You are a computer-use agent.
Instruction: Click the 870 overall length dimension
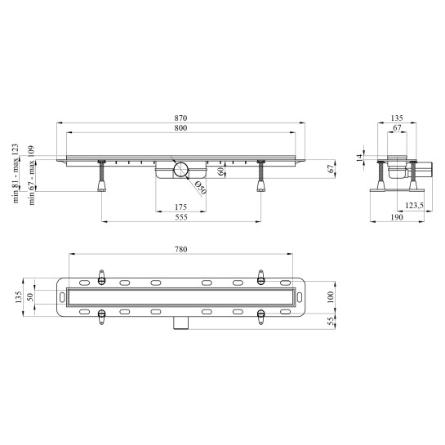pyautogui.click(x=180, y=118)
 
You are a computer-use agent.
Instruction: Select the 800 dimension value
pyautogui.click(x=180, y=128)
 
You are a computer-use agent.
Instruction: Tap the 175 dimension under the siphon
pyautogui.click(x=180, y=207)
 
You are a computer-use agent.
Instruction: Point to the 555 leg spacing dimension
pyautogui.click(x=181, y=217)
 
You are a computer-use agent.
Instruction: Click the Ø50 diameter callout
pyautogui.click(x=200, y=188)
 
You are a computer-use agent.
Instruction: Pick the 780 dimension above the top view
pyautogui.click(x=180, y=250)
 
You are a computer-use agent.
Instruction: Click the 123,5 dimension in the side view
pyautogui.click(x=414, y=206)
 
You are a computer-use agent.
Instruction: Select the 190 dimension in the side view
pyautogui.click(x=397, y=217)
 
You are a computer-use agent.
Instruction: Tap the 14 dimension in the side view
pyautogui.click(x=359, y=157)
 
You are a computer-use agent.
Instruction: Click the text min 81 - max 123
pyautogui.click(x=16, y=173)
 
